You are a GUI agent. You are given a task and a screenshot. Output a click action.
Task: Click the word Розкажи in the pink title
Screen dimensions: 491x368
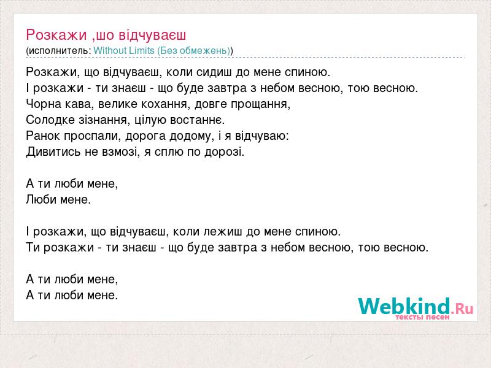pyautogui.click(x=56, y=35)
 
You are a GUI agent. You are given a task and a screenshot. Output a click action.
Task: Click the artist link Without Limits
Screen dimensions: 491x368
pyautogui.click(x=124, y=50)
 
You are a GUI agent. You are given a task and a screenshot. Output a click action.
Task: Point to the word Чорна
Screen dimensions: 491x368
pyautogui.click(x=44, y=104)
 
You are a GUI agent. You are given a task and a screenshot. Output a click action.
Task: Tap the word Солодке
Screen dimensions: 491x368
pyautogui.click(x=50, y=120)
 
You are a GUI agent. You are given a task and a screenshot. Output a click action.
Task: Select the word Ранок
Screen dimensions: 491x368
pyautogui.click(x=43, y=136)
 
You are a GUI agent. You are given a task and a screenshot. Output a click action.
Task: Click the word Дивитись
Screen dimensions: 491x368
pyautogui.click(x=53, y=151)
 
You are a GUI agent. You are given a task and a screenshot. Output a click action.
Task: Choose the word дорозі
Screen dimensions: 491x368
pyautogui.click(x=224, y=151)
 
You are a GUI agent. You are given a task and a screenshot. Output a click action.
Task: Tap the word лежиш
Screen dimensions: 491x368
pyautogui.click(x=223, y=232)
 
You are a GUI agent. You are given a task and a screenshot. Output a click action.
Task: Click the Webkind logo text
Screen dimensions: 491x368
pyautogui.click(x=404, y=306)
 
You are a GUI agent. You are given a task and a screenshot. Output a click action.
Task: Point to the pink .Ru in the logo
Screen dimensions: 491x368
pyautogui.click(x=462, y=309)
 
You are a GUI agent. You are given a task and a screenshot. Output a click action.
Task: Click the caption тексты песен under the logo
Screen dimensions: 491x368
pyautogui.click(x=422, y=317)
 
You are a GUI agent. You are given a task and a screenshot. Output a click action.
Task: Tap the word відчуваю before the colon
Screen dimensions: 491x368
pyautogui.click(x=262, y=136)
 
